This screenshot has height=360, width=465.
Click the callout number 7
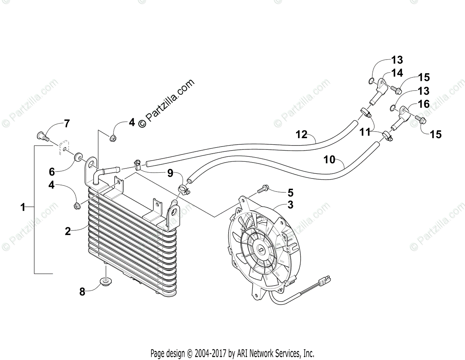[x=67, y=124]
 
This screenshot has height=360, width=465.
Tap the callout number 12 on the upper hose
[x=301, y=135]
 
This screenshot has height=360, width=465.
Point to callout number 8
[x=82, y=292]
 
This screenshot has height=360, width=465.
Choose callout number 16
[x=424, y=104]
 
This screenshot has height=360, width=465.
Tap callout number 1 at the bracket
[x=23, y=208]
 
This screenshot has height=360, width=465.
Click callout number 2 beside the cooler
[x=68, y=231]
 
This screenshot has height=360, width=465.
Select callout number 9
[x=170, y=174]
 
